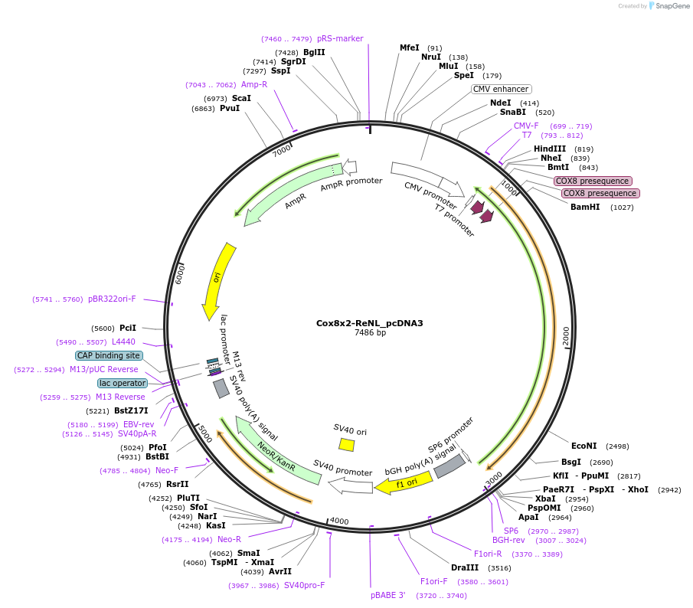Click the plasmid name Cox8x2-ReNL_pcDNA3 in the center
pyautogui.click(x=369, y=323)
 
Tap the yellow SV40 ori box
pyautogui.click(x=347, y=445)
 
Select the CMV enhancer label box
pyautogui.click(x=501, y=89)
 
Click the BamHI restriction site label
pyautogui.click(x=585, y=207)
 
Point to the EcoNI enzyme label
pyautogui.click(x=583, y=446)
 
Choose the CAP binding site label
pyautogui.click(x=109, y=355)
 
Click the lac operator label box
pyautogui.click(x=123, y=383)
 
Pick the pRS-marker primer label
pyautogui.click(x=340, y=38)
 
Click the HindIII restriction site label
pyautogui.click(x=550, y=149)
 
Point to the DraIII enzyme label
pyautogui.click(x=465, y=567)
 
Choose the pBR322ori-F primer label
pyautogui.click(x=112, y=299)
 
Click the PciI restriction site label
pyautogui.click(x=128, y=328)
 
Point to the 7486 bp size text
pyautogui.click(x=369, y=333)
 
